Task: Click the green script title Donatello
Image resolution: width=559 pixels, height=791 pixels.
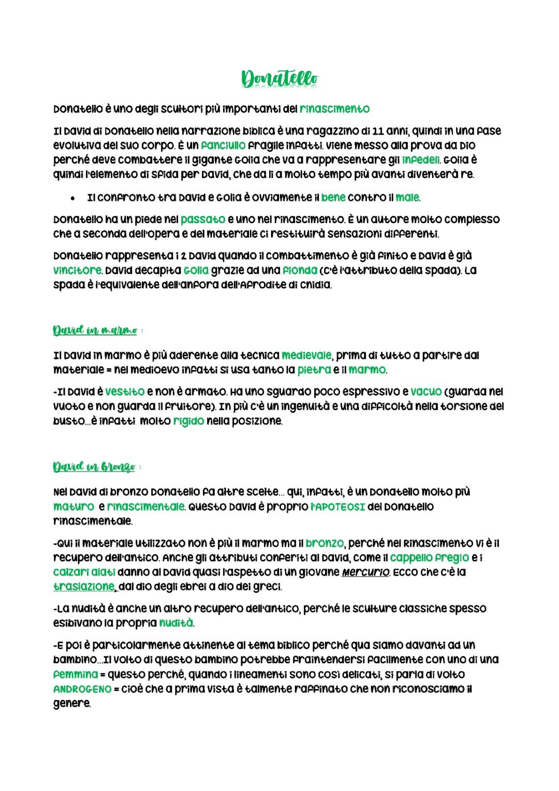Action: tap(279, 79)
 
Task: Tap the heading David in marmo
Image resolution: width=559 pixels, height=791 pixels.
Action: tap(95, 330)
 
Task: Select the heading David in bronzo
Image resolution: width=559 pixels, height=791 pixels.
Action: tap(94, 467)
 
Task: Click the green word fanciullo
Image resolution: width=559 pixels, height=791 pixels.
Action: tap(223, 145)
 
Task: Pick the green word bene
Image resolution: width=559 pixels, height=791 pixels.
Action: tap(333, 197)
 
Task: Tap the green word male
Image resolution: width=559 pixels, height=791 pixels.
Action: tap(407, 197)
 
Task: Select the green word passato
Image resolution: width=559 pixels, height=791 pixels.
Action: tap(203, 219)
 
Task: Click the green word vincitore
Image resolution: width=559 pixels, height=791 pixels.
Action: tap(78, 270)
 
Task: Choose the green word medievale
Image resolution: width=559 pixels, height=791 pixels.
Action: tap(306, 356)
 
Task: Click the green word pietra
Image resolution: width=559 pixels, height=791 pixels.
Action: tap(314, 370)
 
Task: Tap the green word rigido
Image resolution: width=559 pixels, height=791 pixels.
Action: tap(188, 421)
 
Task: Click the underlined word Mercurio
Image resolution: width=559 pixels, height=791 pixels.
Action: tap(365, 572)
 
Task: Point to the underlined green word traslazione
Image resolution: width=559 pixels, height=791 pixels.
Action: tap(84, 587)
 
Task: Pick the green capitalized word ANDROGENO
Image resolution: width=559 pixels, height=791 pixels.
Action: tap(82, 689)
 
